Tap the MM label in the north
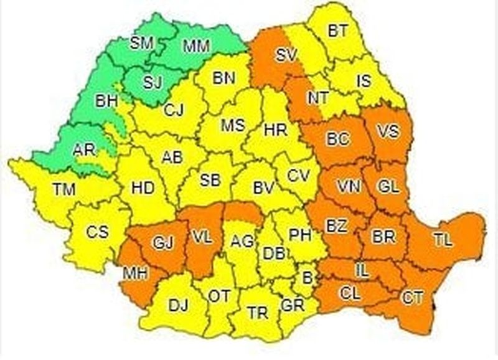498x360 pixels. coord(196,45)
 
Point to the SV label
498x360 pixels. coord(286,55)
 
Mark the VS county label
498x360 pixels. coord(388,132)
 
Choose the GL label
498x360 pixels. coord(388,186)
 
